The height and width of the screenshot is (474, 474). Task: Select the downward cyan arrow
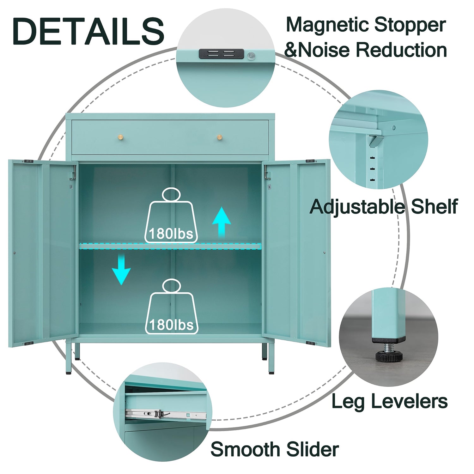click(x=121, y=270)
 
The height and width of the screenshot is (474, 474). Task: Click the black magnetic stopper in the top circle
click(x=222, y=53)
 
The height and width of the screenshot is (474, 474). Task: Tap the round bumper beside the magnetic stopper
click(x=251, y=56)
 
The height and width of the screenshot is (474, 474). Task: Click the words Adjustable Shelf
click(x=383, y=207)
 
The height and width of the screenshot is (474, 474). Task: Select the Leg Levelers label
click(x=389, y=401)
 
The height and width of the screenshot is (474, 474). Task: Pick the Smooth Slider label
click(x=274, y=449)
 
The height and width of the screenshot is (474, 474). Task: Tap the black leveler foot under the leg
click(x=389, y=356)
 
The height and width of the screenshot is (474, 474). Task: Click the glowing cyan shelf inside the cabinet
click(x=170, y=246)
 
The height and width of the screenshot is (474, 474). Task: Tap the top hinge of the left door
click(x=29, y=161)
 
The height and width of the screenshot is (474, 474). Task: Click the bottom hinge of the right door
click(x=310, y=343)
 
